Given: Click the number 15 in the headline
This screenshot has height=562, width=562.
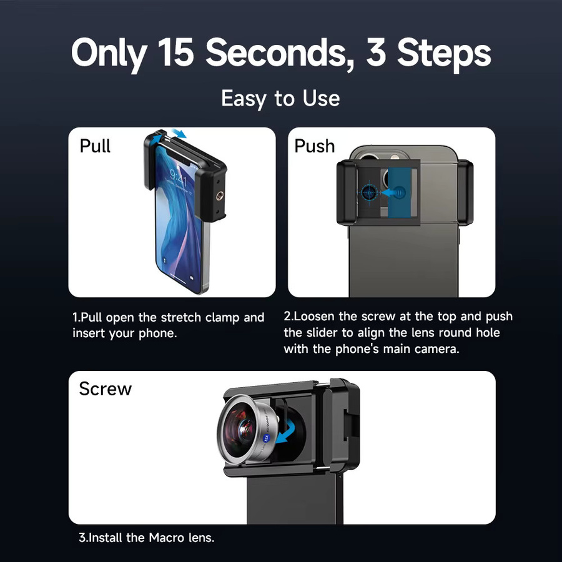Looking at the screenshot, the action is tap(175, 52).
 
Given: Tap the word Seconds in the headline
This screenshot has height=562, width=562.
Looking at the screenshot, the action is tap(280, 53).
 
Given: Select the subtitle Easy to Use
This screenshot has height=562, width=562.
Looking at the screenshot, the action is tap(280, 99).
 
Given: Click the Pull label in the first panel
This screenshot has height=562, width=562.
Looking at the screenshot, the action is tap(95, 146).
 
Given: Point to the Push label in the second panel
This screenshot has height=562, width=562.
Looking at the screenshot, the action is tap(314, 146).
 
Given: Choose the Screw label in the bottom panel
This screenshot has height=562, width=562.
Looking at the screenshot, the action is tap(106, 388).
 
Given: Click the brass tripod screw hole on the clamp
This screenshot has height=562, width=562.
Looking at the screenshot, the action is tap(219, 195).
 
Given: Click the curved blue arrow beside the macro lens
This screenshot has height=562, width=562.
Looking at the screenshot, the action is tap(288, 432).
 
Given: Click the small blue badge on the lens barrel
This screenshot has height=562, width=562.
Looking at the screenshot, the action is tap(266, 437).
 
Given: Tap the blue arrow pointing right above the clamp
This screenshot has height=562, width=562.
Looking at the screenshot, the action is tap(179, 134).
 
